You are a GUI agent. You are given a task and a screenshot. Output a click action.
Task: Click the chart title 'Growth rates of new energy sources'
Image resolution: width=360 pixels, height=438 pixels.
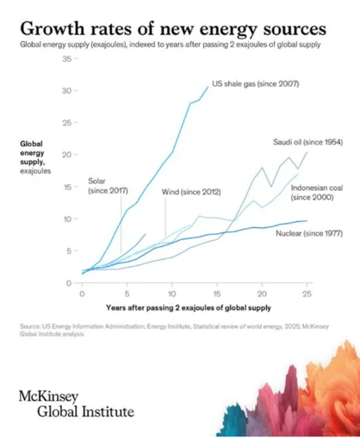[173, 30]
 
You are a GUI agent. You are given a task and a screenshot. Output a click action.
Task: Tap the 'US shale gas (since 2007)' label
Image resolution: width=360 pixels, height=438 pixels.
[255, 84]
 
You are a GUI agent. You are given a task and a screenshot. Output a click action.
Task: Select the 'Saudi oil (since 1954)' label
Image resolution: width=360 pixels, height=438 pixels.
[308, 142]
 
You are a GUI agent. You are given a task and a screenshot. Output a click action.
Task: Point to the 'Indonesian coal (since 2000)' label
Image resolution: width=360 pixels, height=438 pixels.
[317, 193]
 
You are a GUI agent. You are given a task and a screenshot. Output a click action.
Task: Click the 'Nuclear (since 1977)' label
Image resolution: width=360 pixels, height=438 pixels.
[309, 233]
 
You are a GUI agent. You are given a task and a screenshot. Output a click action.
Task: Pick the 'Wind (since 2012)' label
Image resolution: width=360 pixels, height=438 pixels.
[191, 192]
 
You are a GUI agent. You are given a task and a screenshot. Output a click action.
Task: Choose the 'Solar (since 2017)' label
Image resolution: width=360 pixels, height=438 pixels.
[108, 186]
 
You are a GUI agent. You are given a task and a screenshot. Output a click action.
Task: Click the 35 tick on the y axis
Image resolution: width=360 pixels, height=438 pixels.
[67, 59]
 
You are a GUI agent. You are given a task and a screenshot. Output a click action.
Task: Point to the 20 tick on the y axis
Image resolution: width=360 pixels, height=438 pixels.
[67, 155]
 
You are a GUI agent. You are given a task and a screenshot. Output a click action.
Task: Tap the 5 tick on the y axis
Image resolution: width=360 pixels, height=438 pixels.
[69, 251]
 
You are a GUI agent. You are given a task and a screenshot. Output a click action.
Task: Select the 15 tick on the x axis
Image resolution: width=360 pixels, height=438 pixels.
[217, 294]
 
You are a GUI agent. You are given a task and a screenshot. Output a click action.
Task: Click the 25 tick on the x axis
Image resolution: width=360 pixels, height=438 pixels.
[307, 294]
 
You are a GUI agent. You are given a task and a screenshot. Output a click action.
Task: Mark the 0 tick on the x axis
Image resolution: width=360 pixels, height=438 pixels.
[82, 294]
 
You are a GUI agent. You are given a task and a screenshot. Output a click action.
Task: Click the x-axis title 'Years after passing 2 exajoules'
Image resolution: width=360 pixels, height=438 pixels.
[189, 308]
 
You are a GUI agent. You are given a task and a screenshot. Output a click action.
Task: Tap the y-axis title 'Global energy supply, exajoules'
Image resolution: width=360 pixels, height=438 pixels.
[35, 157]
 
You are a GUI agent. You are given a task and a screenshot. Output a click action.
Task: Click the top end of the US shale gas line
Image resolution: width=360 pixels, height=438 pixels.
[208, 87]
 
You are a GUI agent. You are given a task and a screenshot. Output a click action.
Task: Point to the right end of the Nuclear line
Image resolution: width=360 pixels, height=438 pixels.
[307, 221]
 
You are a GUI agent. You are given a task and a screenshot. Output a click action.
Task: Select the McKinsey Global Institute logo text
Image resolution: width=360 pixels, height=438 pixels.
[76, 404]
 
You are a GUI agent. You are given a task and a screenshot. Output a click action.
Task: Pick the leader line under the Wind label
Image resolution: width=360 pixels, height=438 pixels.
[165, 217]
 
